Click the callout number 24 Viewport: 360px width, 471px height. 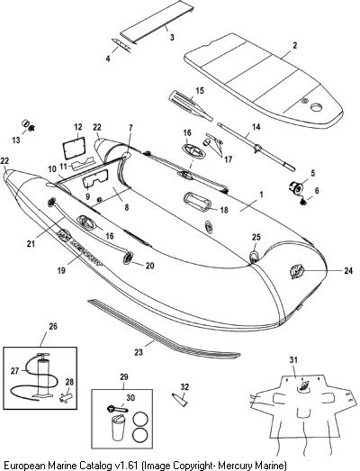(x=348, y=271)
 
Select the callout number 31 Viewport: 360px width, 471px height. (x=293, y=360)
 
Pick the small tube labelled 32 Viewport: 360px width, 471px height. (x=180, y=399)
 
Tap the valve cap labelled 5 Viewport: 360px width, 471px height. (x=294, y=186)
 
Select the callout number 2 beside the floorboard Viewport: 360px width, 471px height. (x=295, y=45)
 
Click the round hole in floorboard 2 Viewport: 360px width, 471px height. (x=316, y=107)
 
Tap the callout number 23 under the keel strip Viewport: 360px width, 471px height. (x=139, y=352)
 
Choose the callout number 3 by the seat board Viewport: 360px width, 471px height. (x=172, y=38)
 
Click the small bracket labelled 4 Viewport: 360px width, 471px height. (x=121, y=46)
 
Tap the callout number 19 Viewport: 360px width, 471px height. (x=61, y=270)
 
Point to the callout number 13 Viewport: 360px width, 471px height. (x=16, y=140)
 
